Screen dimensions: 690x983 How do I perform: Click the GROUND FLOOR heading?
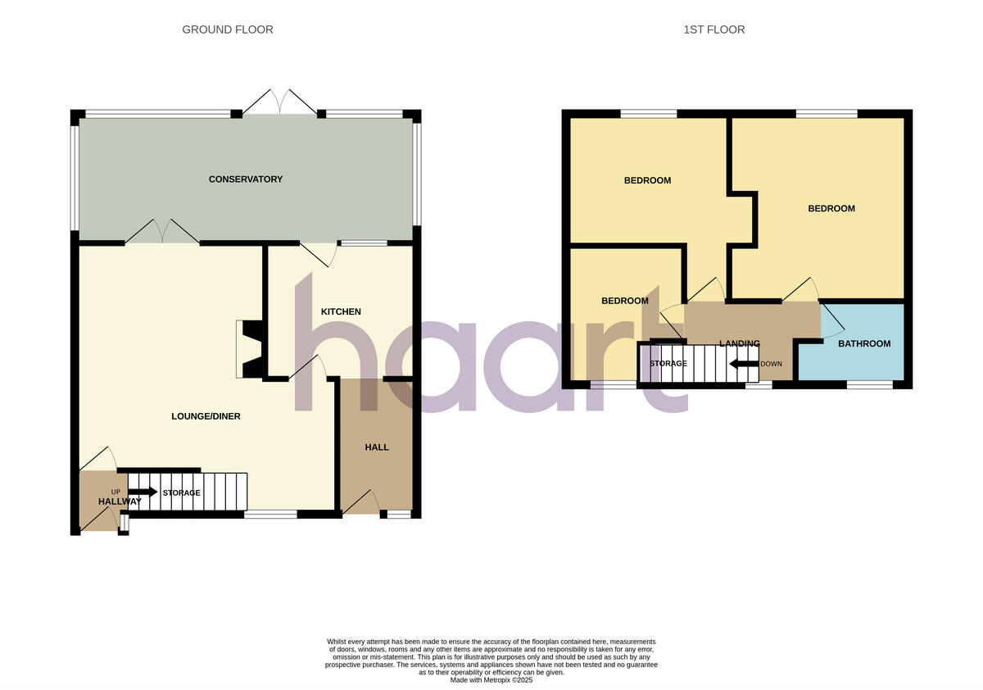point(227,30)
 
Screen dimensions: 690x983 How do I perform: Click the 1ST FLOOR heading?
point(713,30)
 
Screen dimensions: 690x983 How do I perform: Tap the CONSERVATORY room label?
point(245,179)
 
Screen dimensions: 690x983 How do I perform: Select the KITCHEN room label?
point(340,312)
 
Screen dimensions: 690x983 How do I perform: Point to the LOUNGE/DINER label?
point(206,416)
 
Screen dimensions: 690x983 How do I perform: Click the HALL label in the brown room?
point(377,447)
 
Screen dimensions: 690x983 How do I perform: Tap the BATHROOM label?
point(863,344)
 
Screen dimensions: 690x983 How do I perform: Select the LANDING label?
point(739,344)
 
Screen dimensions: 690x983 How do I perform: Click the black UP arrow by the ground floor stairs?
point(143,492)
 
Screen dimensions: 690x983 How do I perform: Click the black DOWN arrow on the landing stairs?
point(743,364)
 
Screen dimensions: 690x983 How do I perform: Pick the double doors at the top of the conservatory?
point(279,102)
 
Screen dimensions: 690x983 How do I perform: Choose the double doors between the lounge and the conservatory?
point(162,231)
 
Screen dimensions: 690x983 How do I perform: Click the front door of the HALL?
point(360,502)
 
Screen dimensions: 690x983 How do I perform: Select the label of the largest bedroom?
point(831,209)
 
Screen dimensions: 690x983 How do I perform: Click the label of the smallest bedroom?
point(624,302)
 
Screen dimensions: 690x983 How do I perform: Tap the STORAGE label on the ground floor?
point(181,493)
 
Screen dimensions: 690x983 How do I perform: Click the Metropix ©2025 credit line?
point(491,680)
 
